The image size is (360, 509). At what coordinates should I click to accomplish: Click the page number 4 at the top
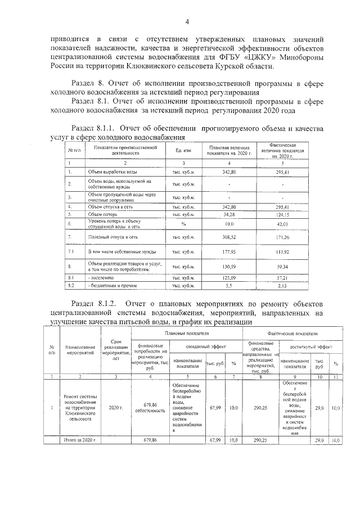[188, 21]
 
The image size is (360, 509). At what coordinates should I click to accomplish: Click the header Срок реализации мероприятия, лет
[116, 350]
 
